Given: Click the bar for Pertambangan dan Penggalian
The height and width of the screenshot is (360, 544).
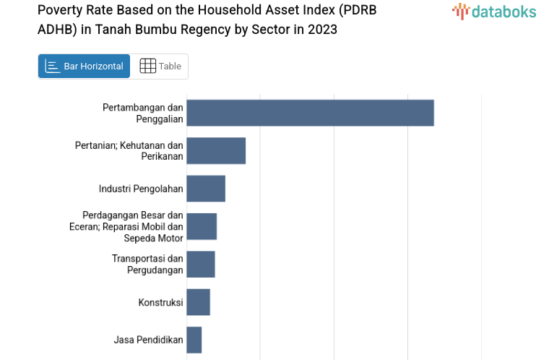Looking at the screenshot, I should [310, 113].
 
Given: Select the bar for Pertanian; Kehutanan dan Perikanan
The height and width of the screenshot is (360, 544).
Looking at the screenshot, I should [216, 150].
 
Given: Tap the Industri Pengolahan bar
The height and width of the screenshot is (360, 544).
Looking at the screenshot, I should [206, 189].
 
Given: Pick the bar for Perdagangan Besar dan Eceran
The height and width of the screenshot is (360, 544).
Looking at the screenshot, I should [202, 226].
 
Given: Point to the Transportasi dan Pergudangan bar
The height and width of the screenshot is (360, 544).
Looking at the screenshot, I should [201, 264].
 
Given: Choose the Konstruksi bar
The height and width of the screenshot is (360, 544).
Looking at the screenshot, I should [198, 302].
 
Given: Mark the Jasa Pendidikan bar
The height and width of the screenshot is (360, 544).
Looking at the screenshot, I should [194, 340].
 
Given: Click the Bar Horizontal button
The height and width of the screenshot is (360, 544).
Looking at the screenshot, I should [84, 67].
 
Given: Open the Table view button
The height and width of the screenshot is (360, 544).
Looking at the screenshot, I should [160, 67].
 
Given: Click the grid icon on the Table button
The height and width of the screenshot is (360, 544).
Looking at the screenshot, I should [147, 67].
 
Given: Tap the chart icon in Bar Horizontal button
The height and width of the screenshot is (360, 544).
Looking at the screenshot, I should [52, 67].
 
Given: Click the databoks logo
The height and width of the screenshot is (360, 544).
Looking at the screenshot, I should [494, 11].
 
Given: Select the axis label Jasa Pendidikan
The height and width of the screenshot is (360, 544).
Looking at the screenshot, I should [148, 340].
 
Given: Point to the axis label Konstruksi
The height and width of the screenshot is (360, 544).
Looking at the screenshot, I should [160, 302].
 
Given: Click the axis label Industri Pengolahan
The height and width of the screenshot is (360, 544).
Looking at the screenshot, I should [141, 189].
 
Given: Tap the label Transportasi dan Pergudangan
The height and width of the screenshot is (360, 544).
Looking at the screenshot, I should [147, 264].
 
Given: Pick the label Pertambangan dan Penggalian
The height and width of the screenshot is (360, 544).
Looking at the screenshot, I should [143, 113].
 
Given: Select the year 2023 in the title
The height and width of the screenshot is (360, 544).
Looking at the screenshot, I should [321, 30].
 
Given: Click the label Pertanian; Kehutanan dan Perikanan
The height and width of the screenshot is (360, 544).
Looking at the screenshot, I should [129, 150].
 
